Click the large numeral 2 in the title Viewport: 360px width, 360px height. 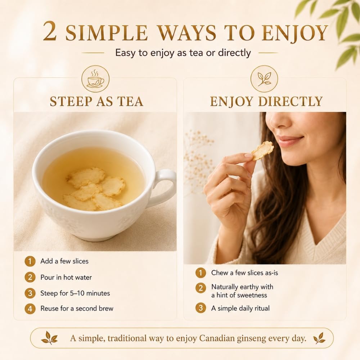[x=50, y=32]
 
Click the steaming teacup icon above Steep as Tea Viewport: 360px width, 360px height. [x=95, y=80]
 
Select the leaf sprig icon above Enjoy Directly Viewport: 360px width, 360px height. [x=264, y=79]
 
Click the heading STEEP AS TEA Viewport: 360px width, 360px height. [x=96, y=102]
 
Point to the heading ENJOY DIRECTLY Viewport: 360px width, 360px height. [x=266, y=102]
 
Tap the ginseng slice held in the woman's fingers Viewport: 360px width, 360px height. [x=263, y=150]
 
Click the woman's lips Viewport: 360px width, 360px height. [x=291, y=140]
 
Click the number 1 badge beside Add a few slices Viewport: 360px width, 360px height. [x=30, y=261]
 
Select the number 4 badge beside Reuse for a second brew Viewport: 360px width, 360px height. [x=30, y=309]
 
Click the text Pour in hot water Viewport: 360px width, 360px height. [x=66, y=277]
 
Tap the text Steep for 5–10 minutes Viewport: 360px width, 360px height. [x=75, y=293]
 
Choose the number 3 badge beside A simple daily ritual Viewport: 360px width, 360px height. [x=201, y=308]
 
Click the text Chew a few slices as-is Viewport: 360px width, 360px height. [x=244, y=273]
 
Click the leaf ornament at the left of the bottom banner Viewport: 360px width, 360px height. [x=49, y=338]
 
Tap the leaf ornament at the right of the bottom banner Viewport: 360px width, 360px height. [x=319, y=338]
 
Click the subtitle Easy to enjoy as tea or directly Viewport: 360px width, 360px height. [x=183, y=53]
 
